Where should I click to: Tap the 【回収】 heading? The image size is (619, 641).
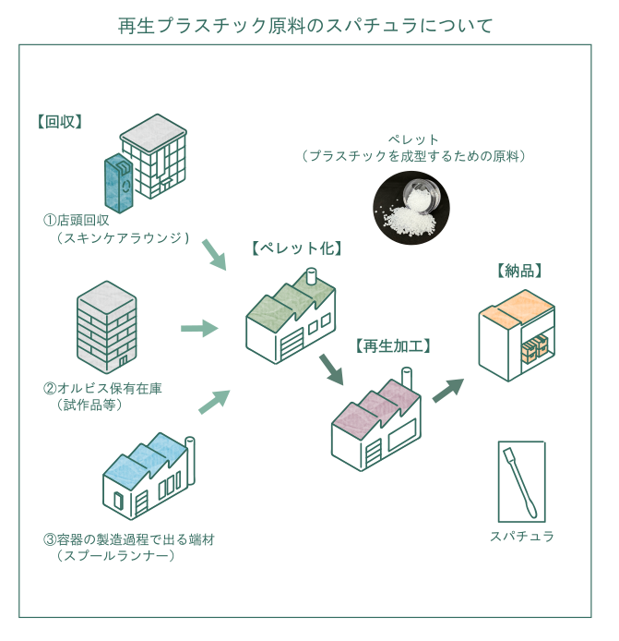(61, 121)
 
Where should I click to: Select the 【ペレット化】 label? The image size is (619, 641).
(297, 248)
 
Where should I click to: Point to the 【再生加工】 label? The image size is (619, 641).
(393, 346)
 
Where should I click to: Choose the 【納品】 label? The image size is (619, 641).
(518, 271)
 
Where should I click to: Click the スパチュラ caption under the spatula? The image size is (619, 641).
(522, 536)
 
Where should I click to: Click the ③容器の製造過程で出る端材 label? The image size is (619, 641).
(128, 539)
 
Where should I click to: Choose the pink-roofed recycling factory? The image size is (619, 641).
(376, 420)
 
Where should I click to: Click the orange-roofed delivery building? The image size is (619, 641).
(517, 331)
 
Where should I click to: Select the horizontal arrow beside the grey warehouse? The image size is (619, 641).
(198, 328)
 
